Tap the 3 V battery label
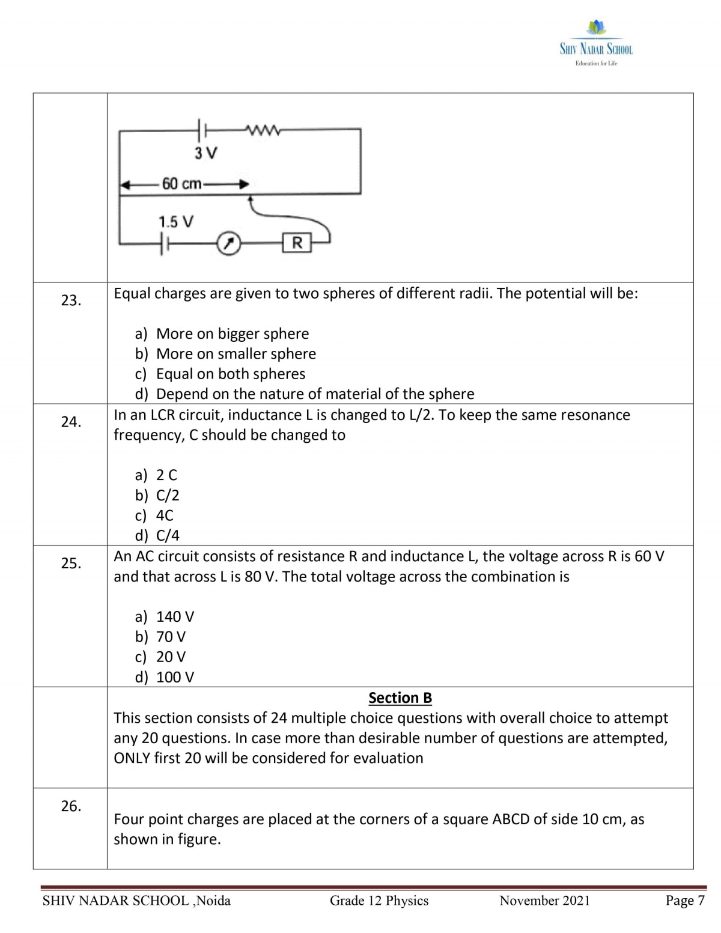[205, 153]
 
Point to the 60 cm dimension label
[181, 184]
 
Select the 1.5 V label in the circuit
[175, 222]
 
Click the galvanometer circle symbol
[228, 243]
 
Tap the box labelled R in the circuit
[297, 243]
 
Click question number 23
[71, 300]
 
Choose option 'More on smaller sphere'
[236, 354]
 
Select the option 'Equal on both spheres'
[230, 374]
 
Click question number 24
[71, 422]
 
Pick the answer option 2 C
[166, 475]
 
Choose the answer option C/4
[168, 535]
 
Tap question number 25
[71, 564]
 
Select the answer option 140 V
[175, 617]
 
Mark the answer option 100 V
[175, 677]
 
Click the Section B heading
[400, 697]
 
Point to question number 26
[71, 806]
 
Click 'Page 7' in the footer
[684, 901]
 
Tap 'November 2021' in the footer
[544, 901]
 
